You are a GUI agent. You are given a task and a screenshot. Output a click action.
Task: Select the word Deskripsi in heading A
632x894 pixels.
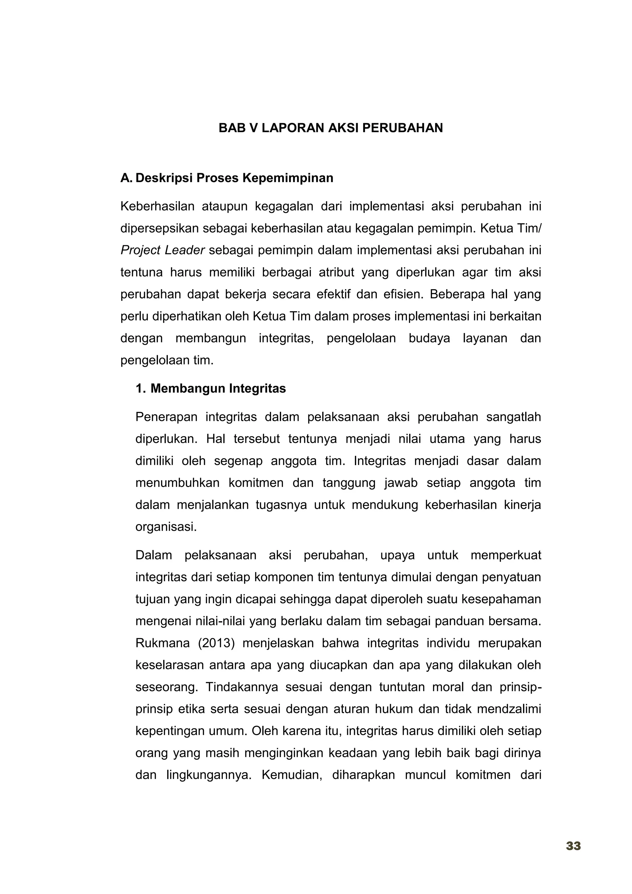[x=164, y=178]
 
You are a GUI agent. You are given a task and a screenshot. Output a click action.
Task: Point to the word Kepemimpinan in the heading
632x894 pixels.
[x=288, y=178]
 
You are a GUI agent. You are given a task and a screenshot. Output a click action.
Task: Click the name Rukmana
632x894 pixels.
[x=162, y=643]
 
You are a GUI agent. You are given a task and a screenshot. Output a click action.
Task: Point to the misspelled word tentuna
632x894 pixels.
[x=141, y=272]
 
